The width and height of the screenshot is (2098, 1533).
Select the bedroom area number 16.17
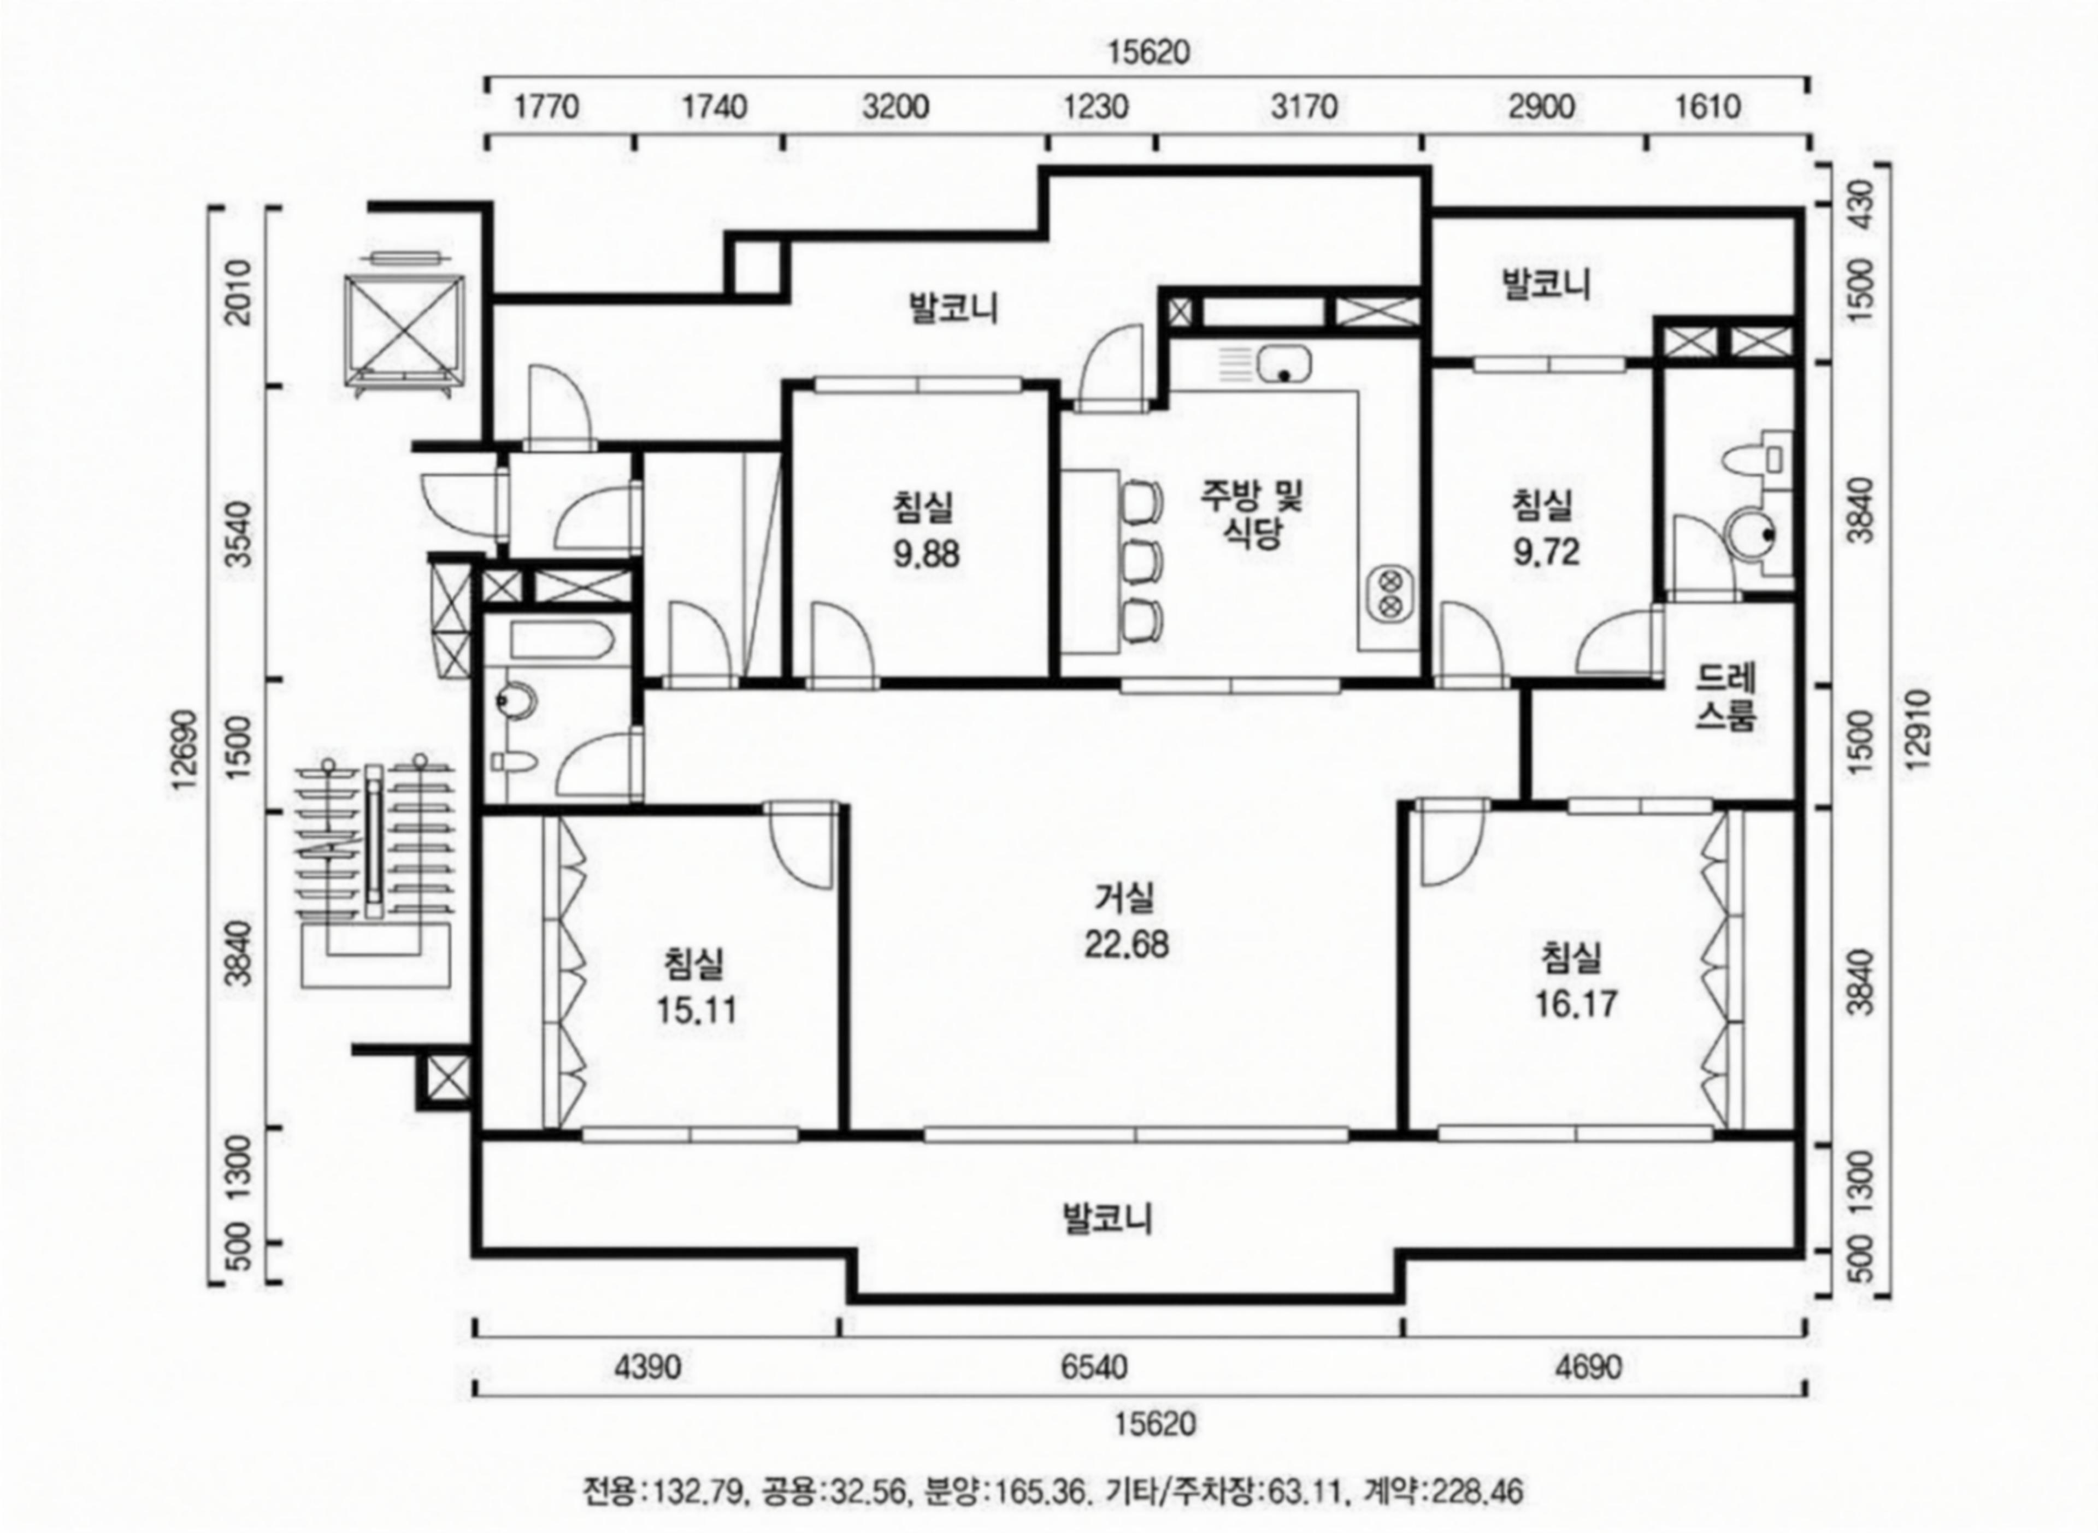pos(1576,1003)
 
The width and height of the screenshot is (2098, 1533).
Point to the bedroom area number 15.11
pos(697,1010)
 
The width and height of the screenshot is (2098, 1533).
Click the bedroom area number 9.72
pos(1546,552)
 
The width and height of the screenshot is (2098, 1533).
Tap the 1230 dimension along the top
pos(1096,107)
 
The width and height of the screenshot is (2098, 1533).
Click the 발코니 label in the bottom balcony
pos(1107,1218)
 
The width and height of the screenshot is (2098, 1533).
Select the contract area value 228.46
pos(1478,1492)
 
